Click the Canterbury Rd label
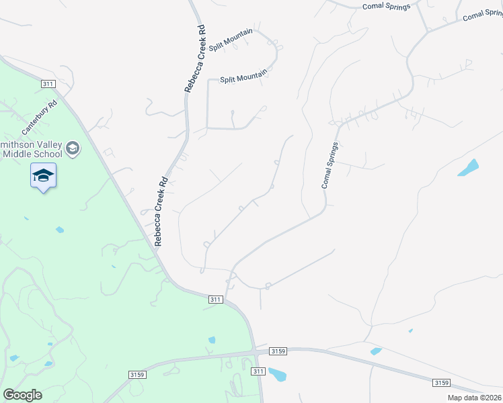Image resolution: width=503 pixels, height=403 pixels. click(x=40, y=116)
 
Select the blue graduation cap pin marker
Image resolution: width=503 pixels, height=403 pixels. click(x=43, y=176)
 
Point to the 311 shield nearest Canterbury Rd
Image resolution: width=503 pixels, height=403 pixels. click(x=48, y=83)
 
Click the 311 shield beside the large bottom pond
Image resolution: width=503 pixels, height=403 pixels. click(x=258, y=371)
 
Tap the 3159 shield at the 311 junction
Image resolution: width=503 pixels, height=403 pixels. click(x=278, y=351)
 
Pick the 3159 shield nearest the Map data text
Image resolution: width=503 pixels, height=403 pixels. click(x=441, y=383)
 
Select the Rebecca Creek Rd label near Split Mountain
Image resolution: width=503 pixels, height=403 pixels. click(x=194, y=59)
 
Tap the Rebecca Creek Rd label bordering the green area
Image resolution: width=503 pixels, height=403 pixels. click(x=161, y=212)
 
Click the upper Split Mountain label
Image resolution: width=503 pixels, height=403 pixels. click(x=231, y=40)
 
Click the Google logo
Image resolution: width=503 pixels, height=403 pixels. click(x=22, y=395)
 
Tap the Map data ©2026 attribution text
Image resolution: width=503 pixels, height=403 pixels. click(x=475, y=398)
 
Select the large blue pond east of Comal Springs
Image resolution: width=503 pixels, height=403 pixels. click(x=468, y=167)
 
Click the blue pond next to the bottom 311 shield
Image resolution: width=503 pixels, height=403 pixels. click(x=277, y=374)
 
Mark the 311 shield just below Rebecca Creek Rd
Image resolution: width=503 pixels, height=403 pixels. click(x=215, y=299)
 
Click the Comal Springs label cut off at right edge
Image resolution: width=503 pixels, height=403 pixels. click(x=483, y=14)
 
